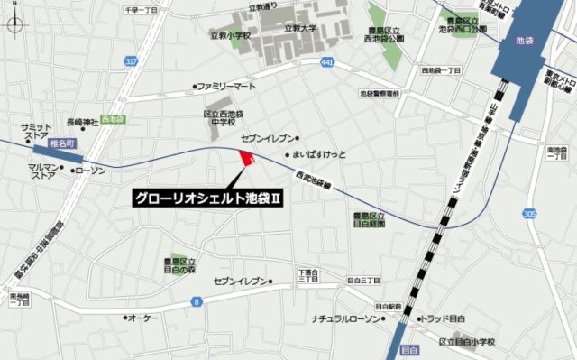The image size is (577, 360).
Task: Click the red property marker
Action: (x=244, y=160)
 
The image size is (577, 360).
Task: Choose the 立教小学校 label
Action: (x=229, y=38)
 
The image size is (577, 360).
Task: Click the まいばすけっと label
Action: (x=322, y=153)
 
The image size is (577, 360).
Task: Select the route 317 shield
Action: (x=132, y=60)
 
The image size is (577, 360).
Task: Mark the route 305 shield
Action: (x=531, y=212)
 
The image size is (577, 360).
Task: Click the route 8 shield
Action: (x=195, y=301)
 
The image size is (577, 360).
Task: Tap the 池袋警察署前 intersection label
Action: (x=386, y=92)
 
